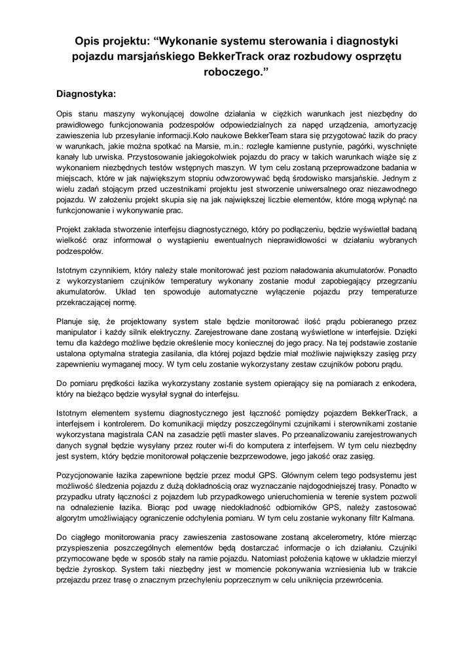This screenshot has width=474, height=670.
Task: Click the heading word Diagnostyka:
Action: [x=86, y=94]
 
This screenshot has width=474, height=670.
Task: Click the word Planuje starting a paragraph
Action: [x=73, y=321]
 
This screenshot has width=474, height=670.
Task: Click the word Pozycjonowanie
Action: [x=92, y=476]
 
